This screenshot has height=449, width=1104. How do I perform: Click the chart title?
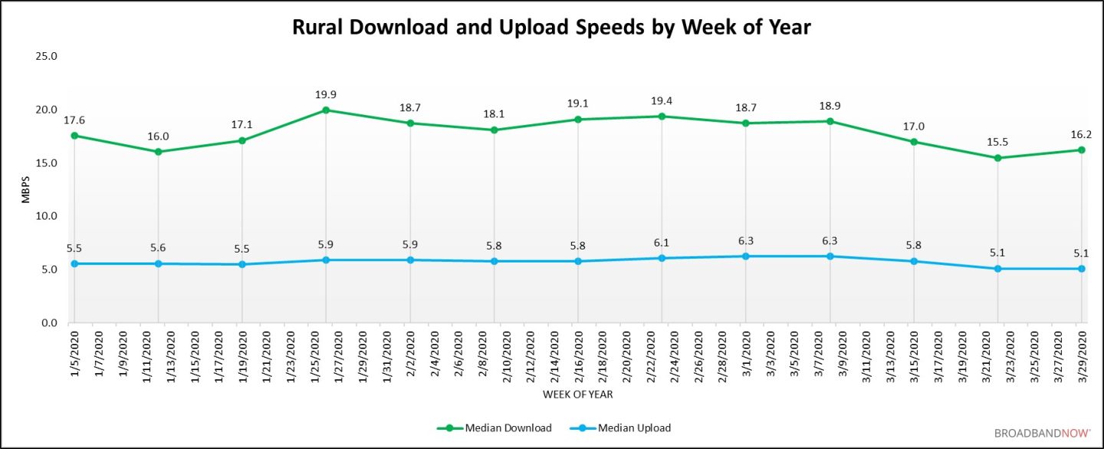(551, 28)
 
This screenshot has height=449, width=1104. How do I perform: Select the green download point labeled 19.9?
(326, 110)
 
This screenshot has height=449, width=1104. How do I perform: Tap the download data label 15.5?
(998, 143)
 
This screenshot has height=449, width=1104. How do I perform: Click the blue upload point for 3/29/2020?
(1082, 269)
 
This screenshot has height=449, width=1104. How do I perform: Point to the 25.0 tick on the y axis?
(48, 57)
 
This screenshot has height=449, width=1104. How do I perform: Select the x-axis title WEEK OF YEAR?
(577, 395)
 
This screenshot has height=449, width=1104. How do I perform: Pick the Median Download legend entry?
(495, 428)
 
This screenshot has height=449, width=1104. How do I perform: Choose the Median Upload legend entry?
(623, 428)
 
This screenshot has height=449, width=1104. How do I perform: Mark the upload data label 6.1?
(662, 243)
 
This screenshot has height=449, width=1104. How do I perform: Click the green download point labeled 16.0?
(158, 152)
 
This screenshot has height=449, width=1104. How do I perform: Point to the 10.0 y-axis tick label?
(48, 216)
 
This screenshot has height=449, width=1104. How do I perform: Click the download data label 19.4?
(662, 101)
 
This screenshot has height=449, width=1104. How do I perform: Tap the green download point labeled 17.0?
(914, 142)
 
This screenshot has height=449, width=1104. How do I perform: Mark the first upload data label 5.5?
(74, 249)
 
